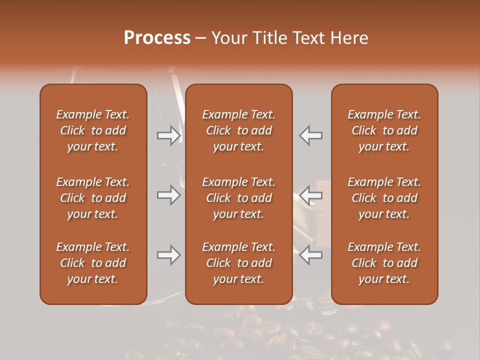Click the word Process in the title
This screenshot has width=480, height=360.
click(x=157, y=38)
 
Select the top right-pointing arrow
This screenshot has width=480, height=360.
click(x=168, y=135)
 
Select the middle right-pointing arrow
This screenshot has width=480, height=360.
click(x=168, y=195)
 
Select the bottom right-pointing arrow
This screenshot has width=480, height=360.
click(x=168, y=255)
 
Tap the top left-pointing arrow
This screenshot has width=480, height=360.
click(x=311, y=135)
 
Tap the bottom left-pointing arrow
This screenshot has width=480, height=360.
click(x=311, y=254)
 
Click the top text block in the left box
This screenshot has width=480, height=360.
click(x=93, y=130)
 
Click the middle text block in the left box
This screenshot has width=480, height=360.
click(x=93, y=198)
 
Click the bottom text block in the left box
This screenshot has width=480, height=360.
click(x=93, y=263)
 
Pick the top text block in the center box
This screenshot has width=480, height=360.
click(x=238, y=130)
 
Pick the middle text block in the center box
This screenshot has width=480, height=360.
click(x=238, y=198)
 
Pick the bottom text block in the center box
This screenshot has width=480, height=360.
click(x=238, y=263)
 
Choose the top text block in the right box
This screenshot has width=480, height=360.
click(x=384, y=130)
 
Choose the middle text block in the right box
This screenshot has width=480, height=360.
click(x=384, y=198)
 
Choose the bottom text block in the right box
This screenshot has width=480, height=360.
click(x=384, y=263)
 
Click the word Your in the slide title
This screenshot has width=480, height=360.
click(x=228, y=38)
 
